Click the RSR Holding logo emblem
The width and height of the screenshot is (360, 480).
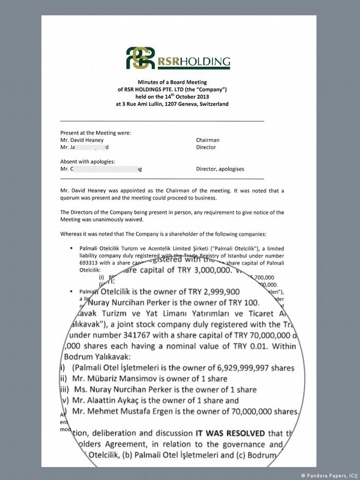pos(140,58)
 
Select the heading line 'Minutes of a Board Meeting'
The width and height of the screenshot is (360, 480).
pos(172,82)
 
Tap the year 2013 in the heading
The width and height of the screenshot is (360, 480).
pos(200,96)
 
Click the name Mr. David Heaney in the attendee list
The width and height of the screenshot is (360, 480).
pos(82,140)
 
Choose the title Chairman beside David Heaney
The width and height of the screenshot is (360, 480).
pos(207,140)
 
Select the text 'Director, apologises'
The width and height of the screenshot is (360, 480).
pos(220,169)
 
